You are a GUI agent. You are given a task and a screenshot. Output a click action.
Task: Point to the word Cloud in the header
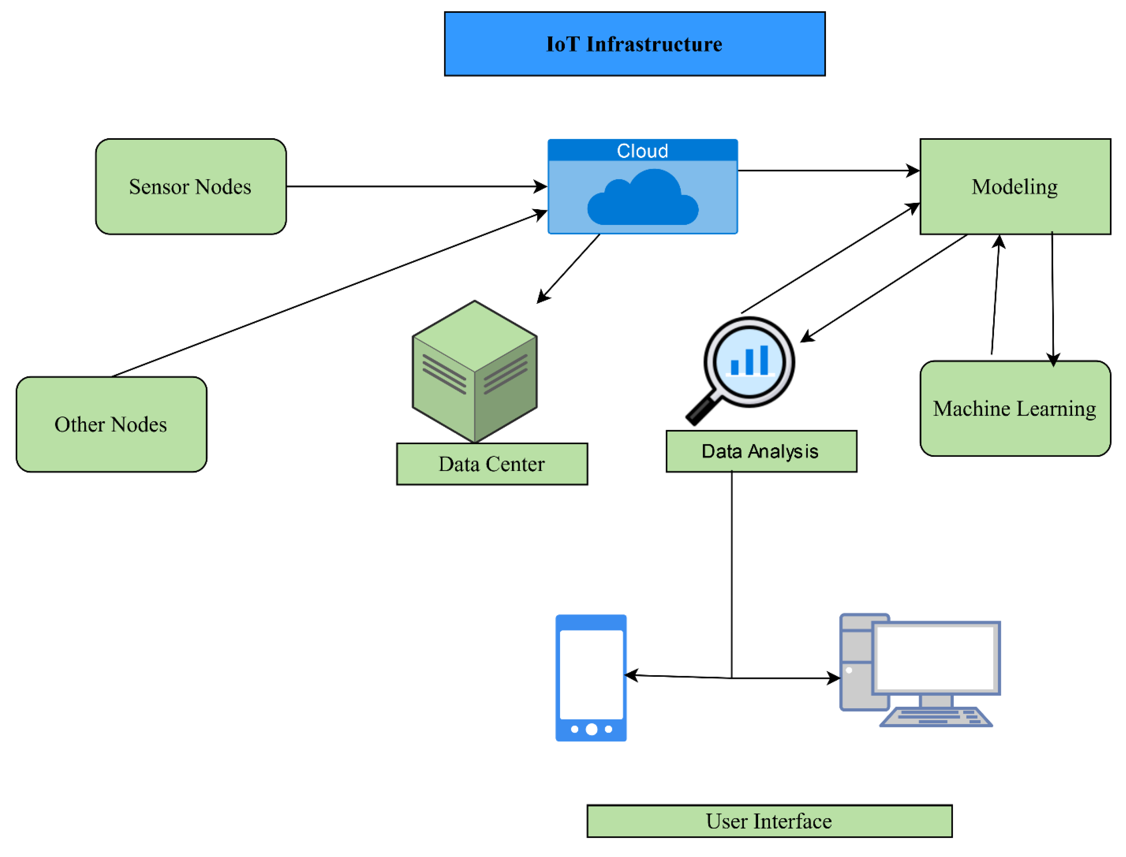click(x=642, y=151)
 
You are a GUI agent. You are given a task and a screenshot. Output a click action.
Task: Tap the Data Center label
click(x=492, y=464)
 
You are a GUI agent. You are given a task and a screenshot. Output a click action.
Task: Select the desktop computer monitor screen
click(x=935, y=657)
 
